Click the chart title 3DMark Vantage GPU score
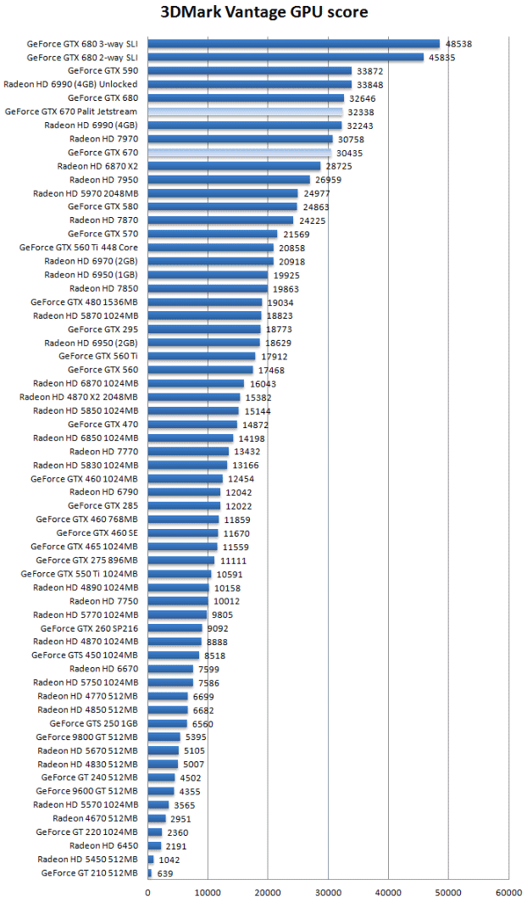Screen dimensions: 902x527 (x=264, y=13)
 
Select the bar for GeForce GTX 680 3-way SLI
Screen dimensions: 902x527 (x=294, y=44)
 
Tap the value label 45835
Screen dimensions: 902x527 (x=441, y=58)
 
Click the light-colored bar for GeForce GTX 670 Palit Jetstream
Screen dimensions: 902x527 (x=245, y=112)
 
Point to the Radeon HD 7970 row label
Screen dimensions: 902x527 (x=103, y=139)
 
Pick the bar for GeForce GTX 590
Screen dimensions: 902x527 (x=250, y=71)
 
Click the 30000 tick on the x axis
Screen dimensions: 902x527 (x=329, y=893)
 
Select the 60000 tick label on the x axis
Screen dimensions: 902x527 (x=508, y=893)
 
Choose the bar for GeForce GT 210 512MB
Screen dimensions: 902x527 (x=150, y=872)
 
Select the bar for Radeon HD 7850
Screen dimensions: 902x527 (x=208, y=288)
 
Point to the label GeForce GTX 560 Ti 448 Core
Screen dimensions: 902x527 (x=78, y=248)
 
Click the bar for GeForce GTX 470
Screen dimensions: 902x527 (x=192, y=425)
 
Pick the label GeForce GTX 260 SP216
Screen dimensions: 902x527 (x=88, y=628)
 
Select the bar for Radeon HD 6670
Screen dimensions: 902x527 (x=170, y=669)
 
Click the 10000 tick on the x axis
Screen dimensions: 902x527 (x=208, y=893)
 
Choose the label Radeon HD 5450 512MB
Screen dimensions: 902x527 (x=87, y=859)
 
